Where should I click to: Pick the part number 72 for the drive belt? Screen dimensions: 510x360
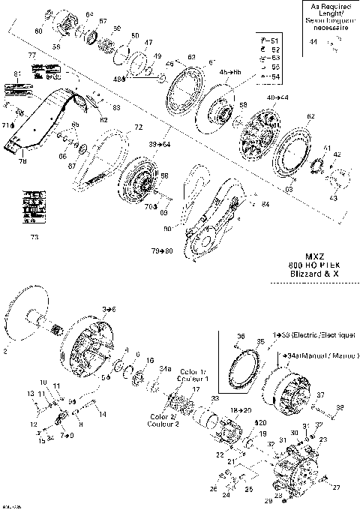pos(138,129)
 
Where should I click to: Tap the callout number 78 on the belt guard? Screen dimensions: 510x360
pos(22,160)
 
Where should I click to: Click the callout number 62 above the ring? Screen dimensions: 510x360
pos(290,115)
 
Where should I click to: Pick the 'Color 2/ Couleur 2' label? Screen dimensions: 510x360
pos(162,420)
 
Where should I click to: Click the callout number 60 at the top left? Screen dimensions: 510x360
pos(40,31)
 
